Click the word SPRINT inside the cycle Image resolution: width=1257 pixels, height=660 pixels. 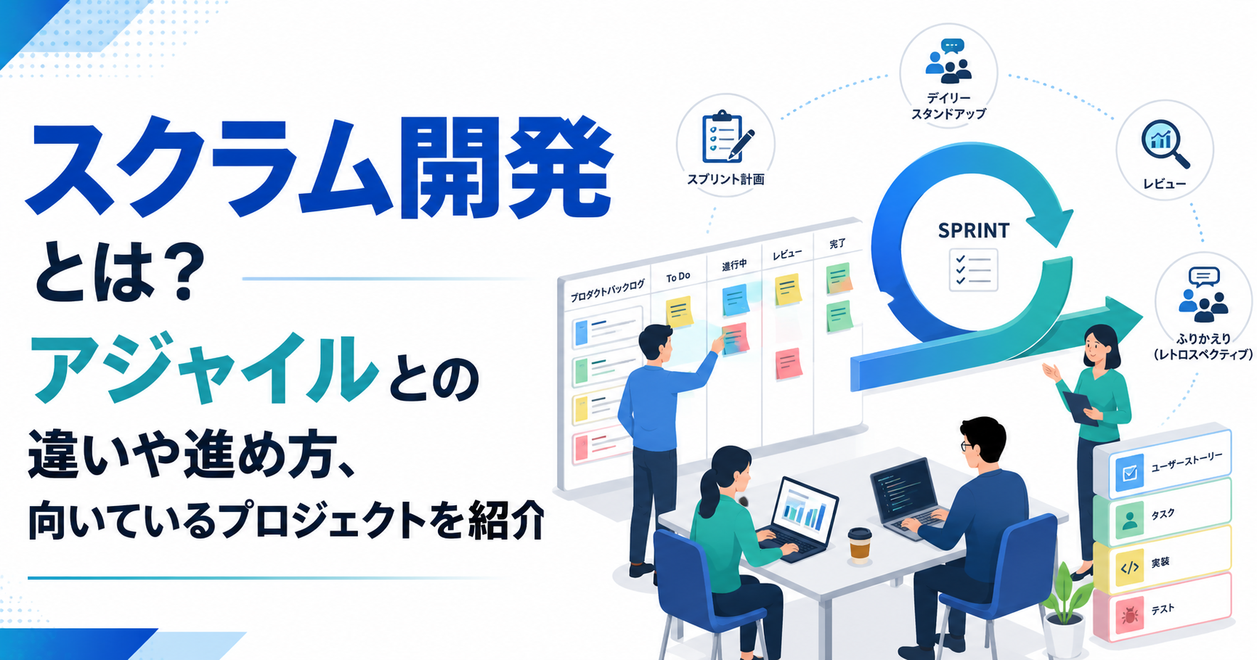973,231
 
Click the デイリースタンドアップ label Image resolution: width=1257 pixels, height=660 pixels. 948,106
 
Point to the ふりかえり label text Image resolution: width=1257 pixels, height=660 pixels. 1203,338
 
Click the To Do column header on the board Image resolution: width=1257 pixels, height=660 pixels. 678,277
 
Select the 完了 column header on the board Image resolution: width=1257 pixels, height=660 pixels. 837,244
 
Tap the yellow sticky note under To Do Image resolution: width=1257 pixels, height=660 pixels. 679,311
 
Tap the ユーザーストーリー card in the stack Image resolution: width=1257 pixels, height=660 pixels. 1163,463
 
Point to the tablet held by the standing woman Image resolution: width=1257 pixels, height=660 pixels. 1081,407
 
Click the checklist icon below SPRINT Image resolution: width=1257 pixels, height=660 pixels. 973,269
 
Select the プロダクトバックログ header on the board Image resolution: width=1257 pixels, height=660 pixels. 607,291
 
